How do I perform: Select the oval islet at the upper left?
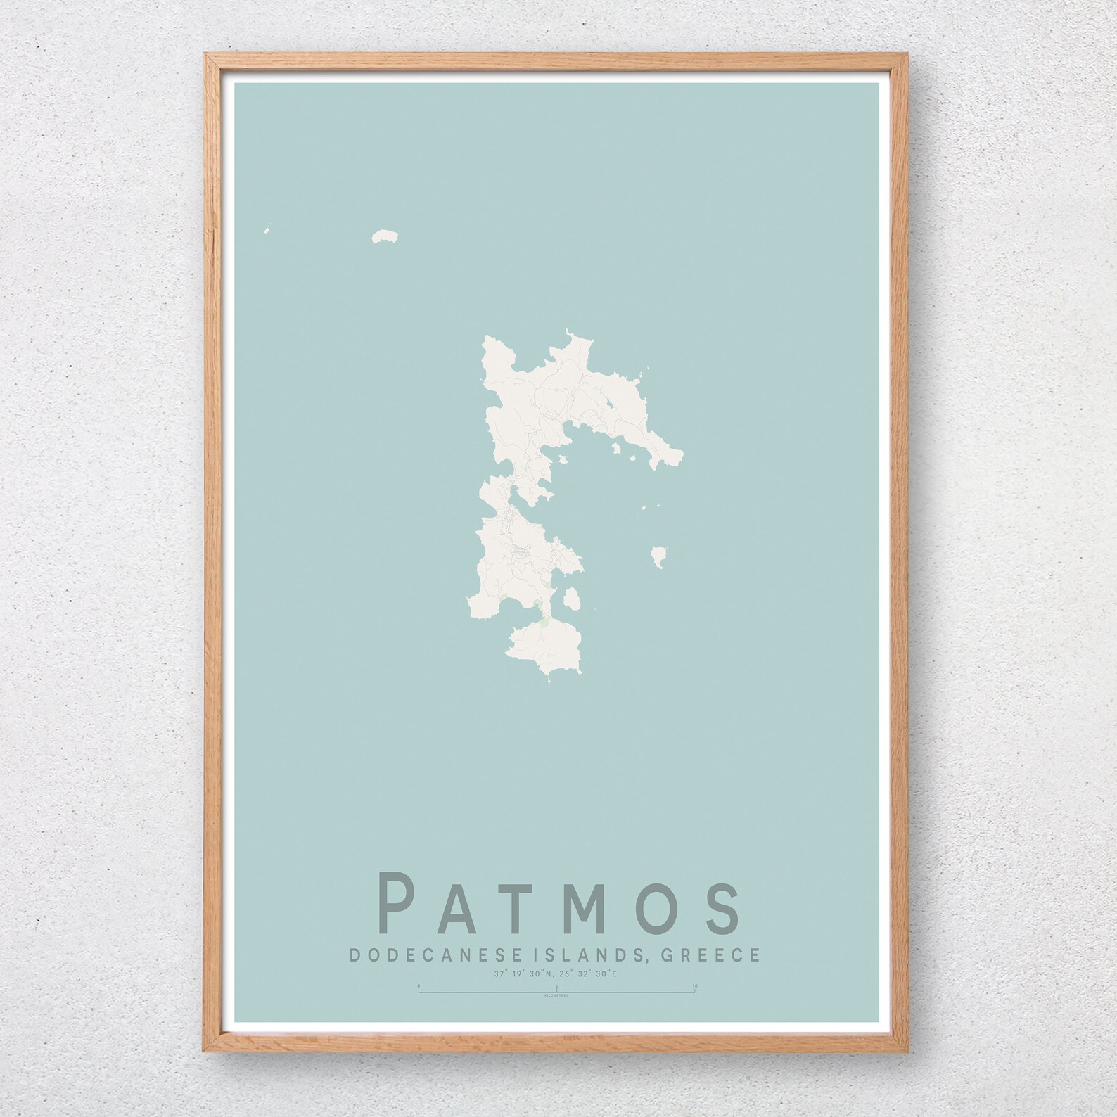click(x=384, y=237)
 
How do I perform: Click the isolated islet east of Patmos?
click(x=659, y=556)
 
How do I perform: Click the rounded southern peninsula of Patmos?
click(x=545, y=646)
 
